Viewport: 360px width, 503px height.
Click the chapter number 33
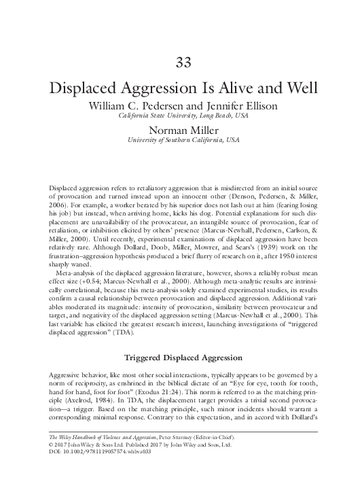[180, 64]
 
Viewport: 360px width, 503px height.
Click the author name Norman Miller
[180, 131]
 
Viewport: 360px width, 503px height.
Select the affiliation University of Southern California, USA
[180, 141]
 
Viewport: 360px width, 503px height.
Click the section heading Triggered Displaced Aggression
[180, 357]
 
